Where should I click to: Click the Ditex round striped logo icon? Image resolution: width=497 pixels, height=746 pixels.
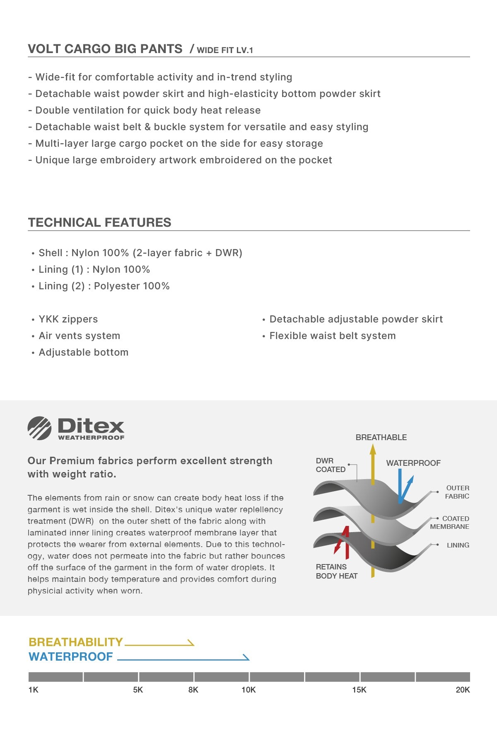pos(39,428)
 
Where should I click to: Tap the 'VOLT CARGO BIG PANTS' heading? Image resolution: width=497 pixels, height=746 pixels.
pos(105,49)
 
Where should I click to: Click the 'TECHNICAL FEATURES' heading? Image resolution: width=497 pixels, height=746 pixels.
pos(99,223)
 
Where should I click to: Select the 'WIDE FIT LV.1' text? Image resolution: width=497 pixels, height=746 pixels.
pos(225,50)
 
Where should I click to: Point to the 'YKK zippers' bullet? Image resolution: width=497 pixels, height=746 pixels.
pos(68,319)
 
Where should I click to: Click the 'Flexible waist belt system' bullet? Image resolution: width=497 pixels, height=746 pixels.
pos(333,336)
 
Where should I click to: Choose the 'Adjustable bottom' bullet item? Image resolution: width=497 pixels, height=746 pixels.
pos(83,352)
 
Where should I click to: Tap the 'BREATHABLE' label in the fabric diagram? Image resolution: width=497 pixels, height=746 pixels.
pos(381,437)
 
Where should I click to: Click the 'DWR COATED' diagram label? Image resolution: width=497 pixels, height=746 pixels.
pos(330,465)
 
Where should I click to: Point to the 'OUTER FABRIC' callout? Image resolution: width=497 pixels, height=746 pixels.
pos(457,492)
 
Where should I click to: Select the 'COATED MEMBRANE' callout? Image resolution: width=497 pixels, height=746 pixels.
pos(450,523)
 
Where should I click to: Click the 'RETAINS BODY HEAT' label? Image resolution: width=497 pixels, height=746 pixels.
pos(336,571)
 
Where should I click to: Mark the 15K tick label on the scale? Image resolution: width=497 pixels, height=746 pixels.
pos(359,690)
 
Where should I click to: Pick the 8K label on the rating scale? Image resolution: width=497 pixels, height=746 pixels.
pos(193,690)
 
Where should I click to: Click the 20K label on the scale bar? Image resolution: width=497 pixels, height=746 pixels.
pos(463,690)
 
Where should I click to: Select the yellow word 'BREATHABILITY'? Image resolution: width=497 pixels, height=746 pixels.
pos(76,642)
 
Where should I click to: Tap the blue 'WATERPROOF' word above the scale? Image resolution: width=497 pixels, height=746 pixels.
pos(71,656)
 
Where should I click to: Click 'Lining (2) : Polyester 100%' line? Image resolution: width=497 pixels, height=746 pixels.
pos(104,286)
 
